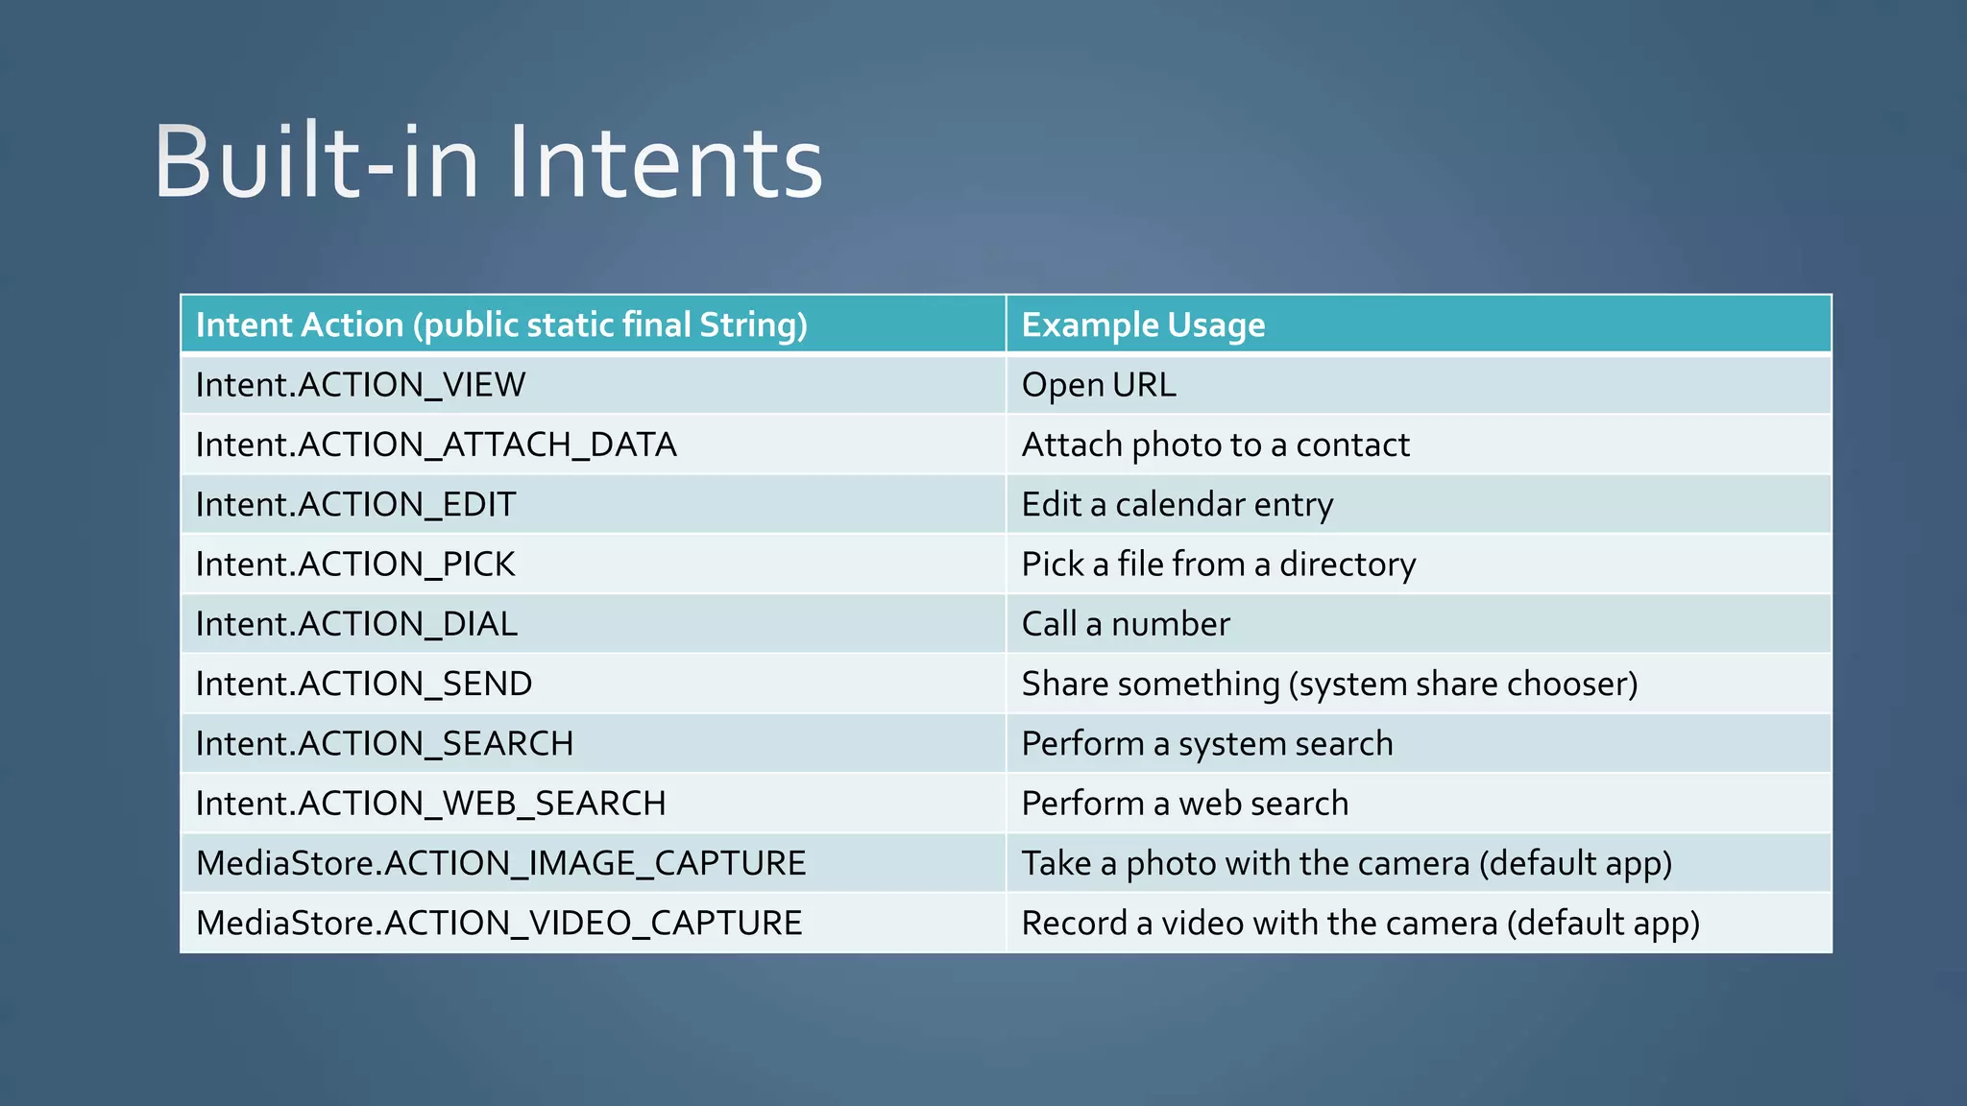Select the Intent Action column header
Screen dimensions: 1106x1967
tap(501, 325)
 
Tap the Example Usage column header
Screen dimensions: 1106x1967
tap(1143, 325)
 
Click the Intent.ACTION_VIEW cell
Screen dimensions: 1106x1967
tap(360, 385)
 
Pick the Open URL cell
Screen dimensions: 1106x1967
tap(1099, 385)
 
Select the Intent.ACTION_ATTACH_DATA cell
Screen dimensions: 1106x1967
tap(436, 445)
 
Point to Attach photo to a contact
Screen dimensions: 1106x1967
tap(1215, 445)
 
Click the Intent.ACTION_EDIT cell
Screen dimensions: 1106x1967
tap(355, 505)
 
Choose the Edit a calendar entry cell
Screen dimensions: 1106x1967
tap(1178, 505)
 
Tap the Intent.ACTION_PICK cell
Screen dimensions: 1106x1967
tap(355, 565)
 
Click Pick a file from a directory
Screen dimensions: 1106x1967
tap(1218, 565)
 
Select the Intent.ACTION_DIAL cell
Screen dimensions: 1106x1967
tap(356, 624)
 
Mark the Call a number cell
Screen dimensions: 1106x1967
tap(1126, 624)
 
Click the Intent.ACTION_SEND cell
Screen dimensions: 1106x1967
tap(364, 684)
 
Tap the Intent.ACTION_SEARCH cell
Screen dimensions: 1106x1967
tap(384, 744)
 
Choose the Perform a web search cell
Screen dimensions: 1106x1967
tap(1185, 804)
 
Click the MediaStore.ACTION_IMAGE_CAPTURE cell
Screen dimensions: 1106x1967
tap(500, 863)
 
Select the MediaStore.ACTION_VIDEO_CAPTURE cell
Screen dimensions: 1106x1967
tap(498, 923)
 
